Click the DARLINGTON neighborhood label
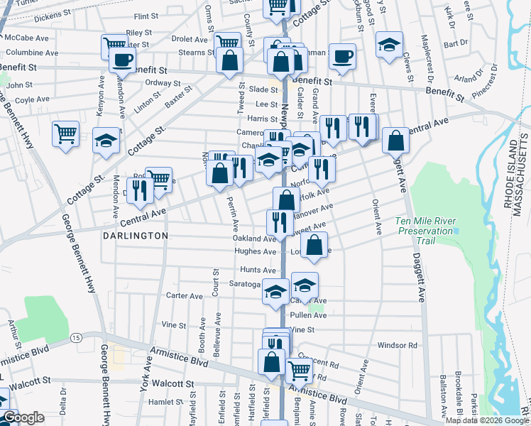(134, 235)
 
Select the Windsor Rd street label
(397, 345)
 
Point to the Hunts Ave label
(258, 271)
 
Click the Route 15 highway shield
(76, 339)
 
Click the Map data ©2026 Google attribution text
(487, 420)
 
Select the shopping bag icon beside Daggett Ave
(395, 140)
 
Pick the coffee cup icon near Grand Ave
(342, 57)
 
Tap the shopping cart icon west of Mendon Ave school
(65, 133)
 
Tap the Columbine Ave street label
(26, 53)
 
